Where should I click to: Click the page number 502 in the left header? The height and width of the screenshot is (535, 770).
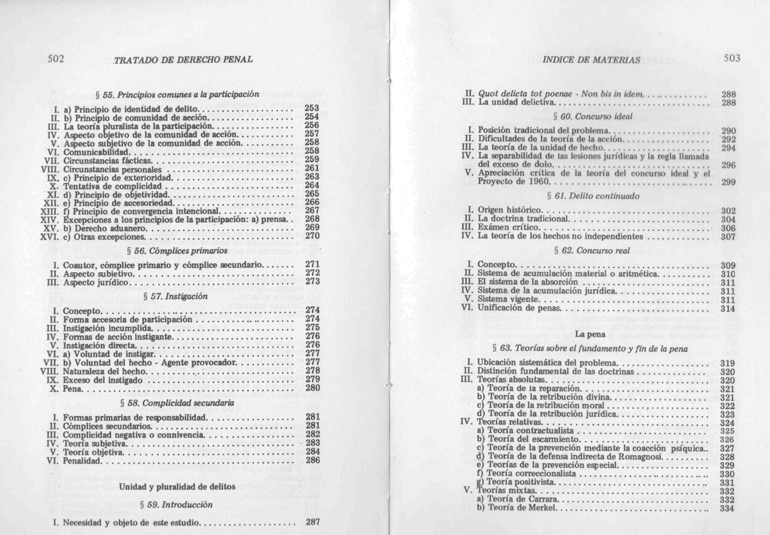coord(56,59)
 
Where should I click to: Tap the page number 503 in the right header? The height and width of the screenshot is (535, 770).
coord(732,58)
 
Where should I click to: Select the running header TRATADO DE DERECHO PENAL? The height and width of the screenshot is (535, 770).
coord(183,60)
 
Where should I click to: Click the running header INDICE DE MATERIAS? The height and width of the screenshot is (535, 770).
coord(592,60)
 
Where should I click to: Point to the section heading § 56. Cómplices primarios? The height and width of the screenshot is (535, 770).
coord(178,250)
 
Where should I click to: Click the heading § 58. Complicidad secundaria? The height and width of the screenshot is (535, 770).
coord(177,403)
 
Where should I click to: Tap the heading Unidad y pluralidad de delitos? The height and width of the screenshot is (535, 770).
coord(177,486)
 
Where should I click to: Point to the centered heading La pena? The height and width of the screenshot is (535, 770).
coord(590,334)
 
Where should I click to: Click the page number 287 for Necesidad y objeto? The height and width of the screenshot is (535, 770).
coord(313,521)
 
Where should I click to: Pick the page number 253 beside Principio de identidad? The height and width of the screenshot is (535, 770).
coord(312,108)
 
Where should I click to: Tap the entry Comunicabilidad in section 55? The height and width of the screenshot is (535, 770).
coord(97,152)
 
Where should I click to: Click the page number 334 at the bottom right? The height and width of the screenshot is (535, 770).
coord(727,508)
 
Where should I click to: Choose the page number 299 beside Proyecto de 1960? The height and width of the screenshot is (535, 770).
coord(728,182)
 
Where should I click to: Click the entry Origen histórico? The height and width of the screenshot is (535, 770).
coord(509,210)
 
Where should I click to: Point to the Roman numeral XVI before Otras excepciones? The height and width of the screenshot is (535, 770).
coord(50,237)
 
